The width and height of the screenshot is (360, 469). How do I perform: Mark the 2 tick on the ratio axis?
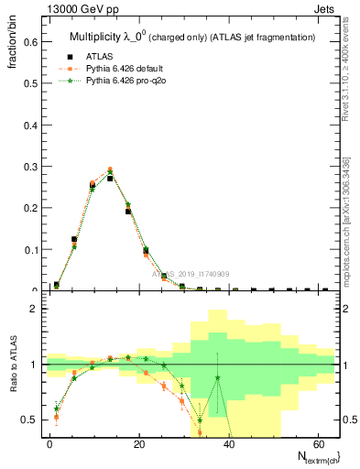click(x=34, y=309)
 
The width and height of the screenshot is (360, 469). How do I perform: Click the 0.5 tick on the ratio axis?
click(x=31, y=420)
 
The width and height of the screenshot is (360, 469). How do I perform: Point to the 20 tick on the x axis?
click(x=138, y=443)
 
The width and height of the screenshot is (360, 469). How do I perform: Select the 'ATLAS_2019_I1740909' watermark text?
click(x=187, y=274)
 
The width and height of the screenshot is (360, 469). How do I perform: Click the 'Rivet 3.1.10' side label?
click(x=345, y=69)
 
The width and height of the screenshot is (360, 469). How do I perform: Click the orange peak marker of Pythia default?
click(x=110, y=169)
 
